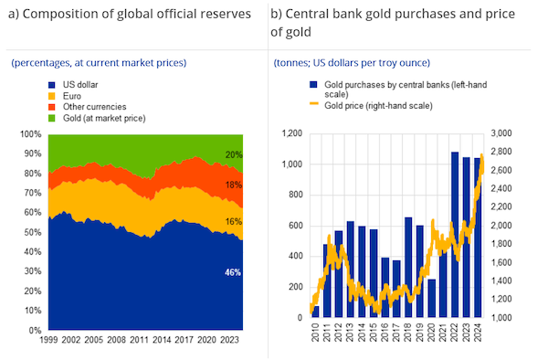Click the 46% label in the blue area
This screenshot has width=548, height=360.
tap(234, 272)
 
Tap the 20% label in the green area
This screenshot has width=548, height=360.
tap(234, 154)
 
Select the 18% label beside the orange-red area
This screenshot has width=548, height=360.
tap(234, 185)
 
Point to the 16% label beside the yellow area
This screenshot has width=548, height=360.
tap(234, 221)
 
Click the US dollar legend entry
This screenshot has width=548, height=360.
tap(68, 84)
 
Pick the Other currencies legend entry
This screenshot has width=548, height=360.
tap(80, 107)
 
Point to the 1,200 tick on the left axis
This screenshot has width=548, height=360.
tap(290, 134)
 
